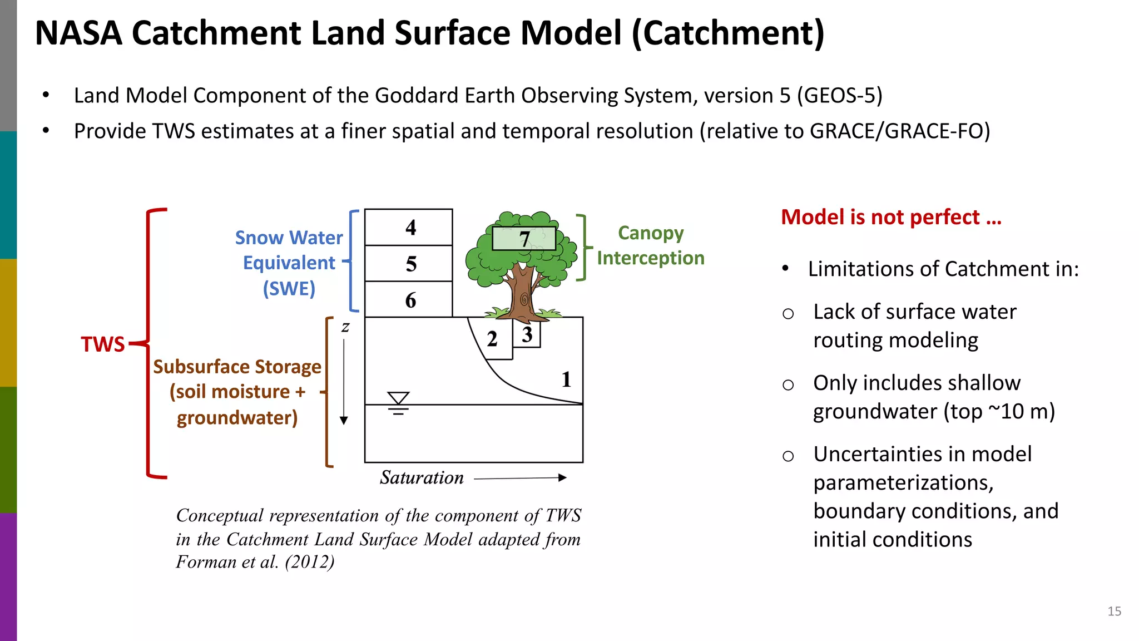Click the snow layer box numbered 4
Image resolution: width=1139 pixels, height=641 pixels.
point(409,227)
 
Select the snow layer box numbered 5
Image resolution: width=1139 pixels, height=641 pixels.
point(409,263)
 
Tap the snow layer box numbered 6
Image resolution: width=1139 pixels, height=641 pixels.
point(409,299)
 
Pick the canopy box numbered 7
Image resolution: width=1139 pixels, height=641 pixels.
point(524,239)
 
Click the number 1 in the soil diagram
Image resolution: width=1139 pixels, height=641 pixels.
point(566,379)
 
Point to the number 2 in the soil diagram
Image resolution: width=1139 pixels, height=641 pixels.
point(492,339)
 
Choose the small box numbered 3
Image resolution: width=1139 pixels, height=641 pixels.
point(527,334)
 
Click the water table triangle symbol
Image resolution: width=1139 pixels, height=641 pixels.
point(398,398)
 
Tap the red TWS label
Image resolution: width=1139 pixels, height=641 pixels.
point(103,344)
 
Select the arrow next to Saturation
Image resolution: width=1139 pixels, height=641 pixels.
point(520,477)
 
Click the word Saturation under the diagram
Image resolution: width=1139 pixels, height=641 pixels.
point(422,477)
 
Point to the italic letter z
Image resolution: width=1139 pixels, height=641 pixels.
point(345,327)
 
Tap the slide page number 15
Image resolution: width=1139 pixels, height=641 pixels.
point(1114,611)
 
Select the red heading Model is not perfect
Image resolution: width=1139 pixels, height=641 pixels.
point(891,217)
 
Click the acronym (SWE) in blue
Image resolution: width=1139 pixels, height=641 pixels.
point(289,288)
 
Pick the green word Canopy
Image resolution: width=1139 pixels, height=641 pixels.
point(651,233)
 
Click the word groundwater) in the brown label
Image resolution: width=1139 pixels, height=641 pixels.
point(237,417)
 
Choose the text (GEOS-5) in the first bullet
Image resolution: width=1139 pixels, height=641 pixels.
point(839,95)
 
